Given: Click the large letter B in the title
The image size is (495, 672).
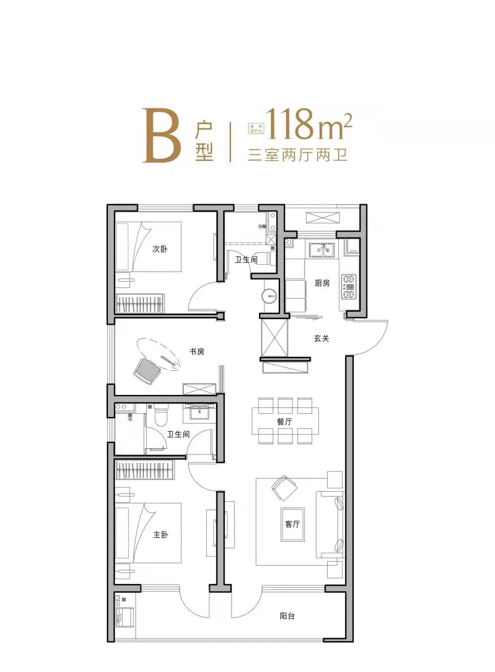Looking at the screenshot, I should pyautogui.click(x=160, y=136).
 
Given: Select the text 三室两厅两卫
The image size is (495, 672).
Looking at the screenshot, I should pyautogui.click(x=297, y=155).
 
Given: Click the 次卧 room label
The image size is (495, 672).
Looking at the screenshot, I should pyautogui.click(x=160, y=249).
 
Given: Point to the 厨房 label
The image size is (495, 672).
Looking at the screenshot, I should pyautogui.click(x=322, y=283).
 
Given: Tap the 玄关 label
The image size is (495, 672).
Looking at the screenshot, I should pyautogui.click(x=321, y=339).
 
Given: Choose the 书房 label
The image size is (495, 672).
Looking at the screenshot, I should pyautogui.click(x=197, y=352).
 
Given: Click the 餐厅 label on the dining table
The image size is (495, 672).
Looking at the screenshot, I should pyautogui.click(x=285, y=422).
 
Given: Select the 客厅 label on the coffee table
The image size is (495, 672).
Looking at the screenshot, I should pyautogui.click(x=292, y=524).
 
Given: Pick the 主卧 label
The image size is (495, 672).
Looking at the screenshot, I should pyautogui.click(x=161, y=534).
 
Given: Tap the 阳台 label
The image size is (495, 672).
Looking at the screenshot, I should pyautogui.click(x=287, y=616).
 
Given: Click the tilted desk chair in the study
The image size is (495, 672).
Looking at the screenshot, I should pyautogui.click(x=146, y=371).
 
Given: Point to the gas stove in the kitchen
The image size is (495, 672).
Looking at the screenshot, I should pyautogui.click(x=349, y=287).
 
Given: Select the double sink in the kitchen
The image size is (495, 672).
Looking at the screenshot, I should pyautogui.click(x=323, y=250).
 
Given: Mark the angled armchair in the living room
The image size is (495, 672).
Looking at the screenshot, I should pyautogui.click(x=284, y=488).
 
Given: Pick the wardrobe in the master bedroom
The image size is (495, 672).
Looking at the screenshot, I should pyautogui.click(x=145, y=470).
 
